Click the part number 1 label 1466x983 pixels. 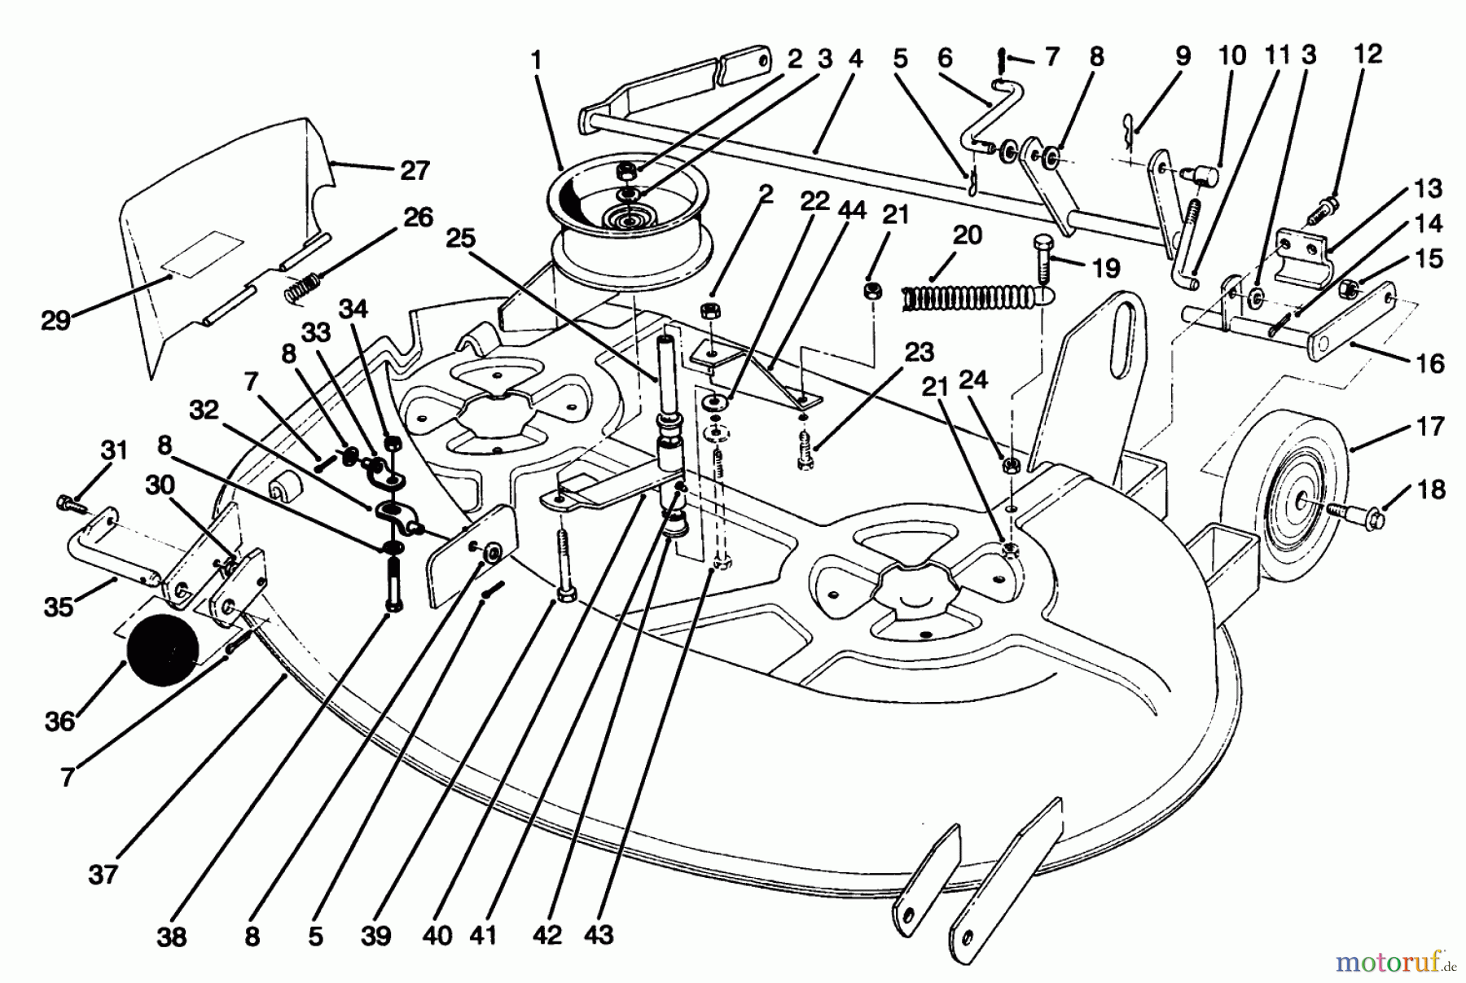point(535,60)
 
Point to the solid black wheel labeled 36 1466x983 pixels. point(163,649)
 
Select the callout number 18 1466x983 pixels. point(1430,489)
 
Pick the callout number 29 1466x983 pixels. point(55,321)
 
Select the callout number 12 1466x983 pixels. point(1367,55)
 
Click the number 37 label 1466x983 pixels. point(103,875)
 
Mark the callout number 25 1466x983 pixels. point(460,239)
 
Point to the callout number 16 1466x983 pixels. point(1430,362)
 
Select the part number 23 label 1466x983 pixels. point(919,353)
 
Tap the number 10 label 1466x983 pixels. point(1232,56)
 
